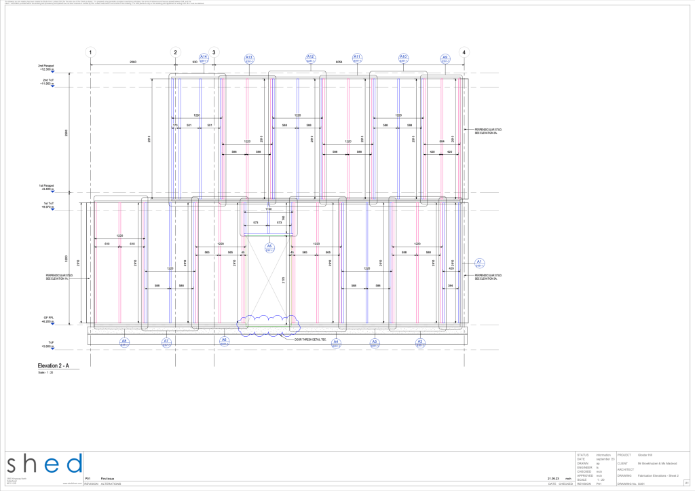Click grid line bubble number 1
click(91, 52)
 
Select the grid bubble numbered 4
click(464, 52)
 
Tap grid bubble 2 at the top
click(176, 52)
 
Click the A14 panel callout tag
click(204, 58)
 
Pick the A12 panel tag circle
click(310, 58)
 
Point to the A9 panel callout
click(445, 58)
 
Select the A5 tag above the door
click(269, 247)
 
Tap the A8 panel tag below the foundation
click(124, 342)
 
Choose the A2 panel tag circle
click(420, 342)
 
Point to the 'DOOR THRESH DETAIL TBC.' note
click(311, 339)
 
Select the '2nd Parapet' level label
click(47, 66)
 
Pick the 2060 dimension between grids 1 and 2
click(133, 62)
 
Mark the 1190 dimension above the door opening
click(269, 210)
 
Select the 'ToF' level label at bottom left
click(50, 342)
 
